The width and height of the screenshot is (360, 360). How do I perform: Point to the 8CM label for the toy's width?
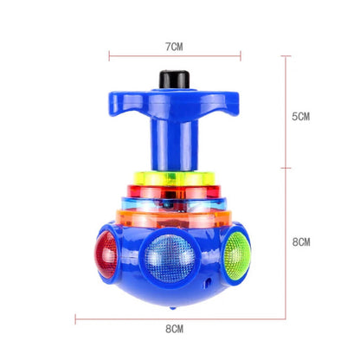tap(176, 329)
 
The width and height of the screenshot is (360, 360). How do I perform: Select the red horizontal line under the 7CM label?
tap(176, 59)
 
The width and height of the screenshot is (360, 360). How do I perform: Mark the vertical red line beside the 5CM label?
tap(285, 116)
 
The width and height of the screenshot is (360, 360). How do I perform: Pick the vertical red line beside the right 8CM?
tap(285, 242)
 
